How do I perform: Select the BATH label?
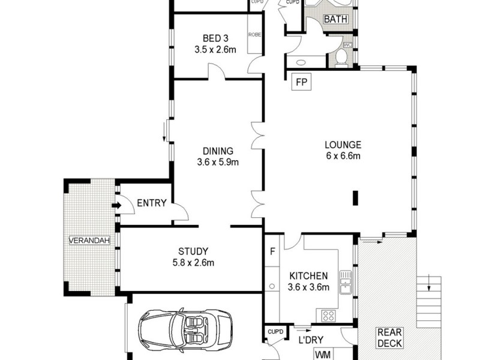[335, 19]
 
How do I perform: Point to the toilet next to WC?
[341, 57]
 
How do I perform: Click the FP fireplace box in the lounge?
[300, 82]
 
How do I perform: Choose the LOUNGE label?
[343, 145]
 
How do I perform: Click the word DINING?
[217, 151]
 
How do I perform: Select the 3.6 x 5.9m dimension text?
[217, 162]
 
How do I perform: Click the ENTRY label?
[151, 203]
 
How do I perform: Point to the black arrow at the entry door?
[115, 206]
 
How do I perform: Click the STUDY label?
[193, 251]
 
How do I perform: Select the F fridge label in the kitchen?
[272, 251]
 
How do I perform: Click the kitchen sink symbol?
[345, 282]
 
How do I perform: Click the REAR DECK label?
[390, 337]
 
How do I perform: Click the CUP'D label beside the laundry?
[275, 331]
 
